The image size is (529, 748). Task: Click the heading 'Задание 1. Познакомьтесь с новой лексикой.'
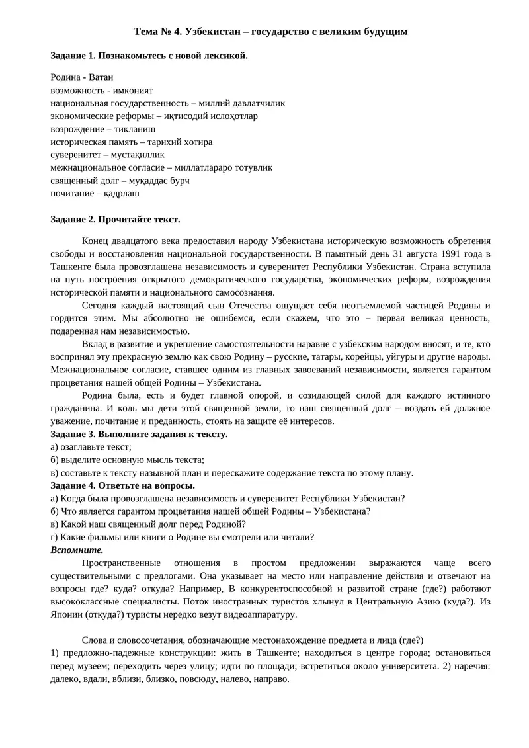point(149,56)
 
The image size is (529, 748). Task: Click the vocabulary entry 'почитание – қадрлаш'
point(95,194)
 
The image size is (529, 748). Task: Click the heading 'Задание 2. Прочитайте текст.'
point(115,219)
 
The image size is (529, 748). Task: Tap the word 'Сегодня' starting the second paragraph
point(101,306)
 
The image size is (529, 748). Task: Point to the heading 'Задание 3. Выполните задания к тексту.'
point(139,434)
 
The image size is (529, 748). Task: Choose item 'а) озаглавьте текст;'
point(91,446)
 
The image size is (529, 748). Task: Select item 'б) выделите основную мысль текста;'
point(128,460)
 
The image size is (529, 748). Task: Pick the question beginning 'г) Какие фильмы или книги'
point(183,537)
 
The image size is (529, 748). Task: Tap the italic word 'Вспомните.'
point(77,550)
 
